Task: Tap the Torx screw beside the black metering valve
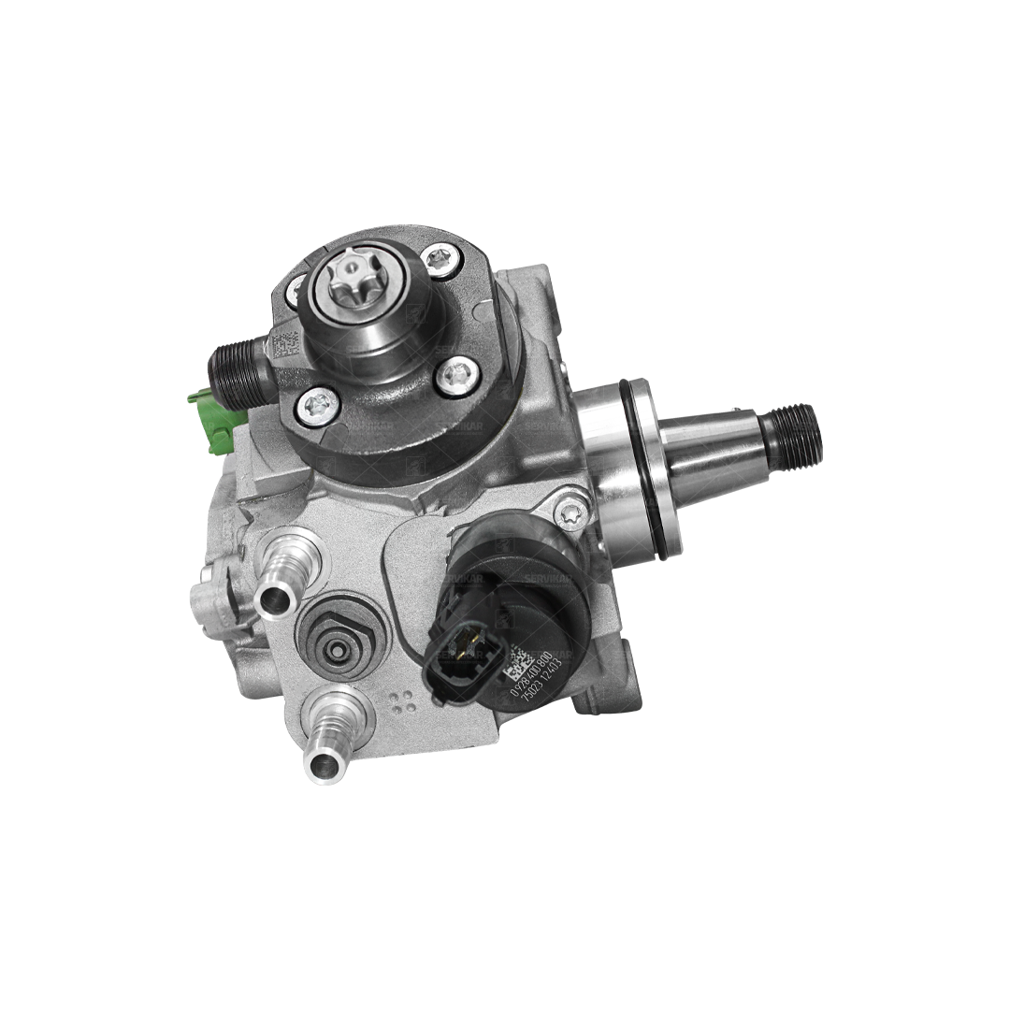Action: pos(570,512)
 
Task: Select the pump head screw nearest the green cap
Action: pos(319,405)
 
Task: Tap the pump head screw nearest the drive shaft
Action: pos(457,374)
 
